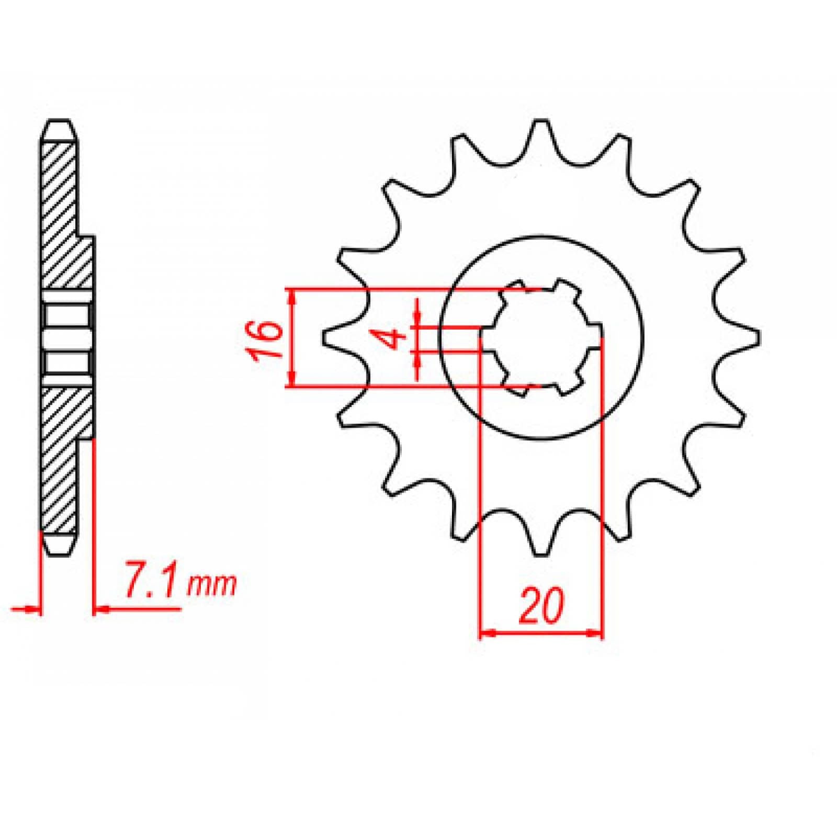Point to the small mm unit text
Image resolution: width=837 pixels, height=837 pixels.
pos(212,587)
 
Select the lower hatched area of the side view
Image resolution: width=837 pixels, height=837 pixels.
pos(62,460)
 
